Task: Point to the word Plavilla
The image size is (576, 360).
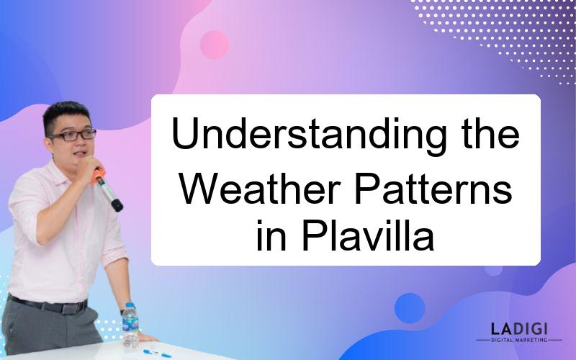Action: point(368,235)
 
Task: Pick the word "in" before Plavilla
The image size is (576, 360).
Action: point(271,235)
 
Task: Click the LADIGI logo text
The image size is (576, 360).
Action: point(519,328)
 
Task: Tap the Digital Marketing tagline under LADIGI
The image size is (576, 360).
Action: point(519,340)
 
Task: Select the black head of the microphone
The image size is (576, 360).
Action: point(117,205)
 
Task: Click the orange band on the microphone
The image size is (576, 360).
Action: point(98,176)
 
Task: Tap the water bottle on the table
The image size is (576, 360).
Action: point(130,325)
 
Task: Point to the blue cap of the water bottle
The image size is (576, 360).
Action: point(130,305)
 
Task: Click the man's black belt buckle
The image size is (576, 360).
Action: point(69,308)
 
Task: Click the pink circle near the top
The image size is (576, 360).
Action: point(214,45)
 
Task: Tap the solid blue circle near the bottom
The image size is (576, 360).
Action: point(410,308)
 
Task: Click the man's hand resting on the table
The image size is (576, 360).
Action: point(146,337)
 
